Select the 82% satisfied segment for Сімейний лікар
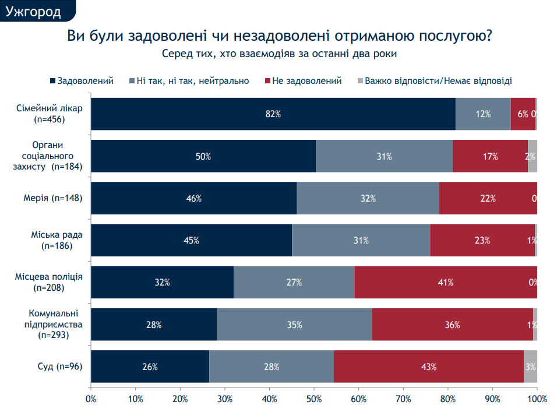point(273,114)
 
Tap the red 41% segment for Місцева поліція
point(445,283)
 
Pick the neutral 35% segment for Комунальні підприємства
point(294,325)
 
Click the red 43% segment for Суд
point(429,367)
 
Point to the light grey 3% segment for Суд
point(530,367)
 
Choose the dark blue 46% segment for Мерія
point(193,198)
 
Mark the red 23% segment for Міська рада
point(482,240)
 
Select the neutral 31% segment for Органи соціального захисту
point(384,156)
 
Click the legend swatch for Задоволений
point(53,81)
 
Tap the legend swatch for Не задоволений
point(267,81)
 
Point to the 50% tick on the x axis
point(314,399)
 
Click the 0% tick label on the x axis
point(91,399)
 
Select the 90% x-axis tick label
point(492,399)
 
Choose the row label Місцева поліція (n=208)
point(52,283)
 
